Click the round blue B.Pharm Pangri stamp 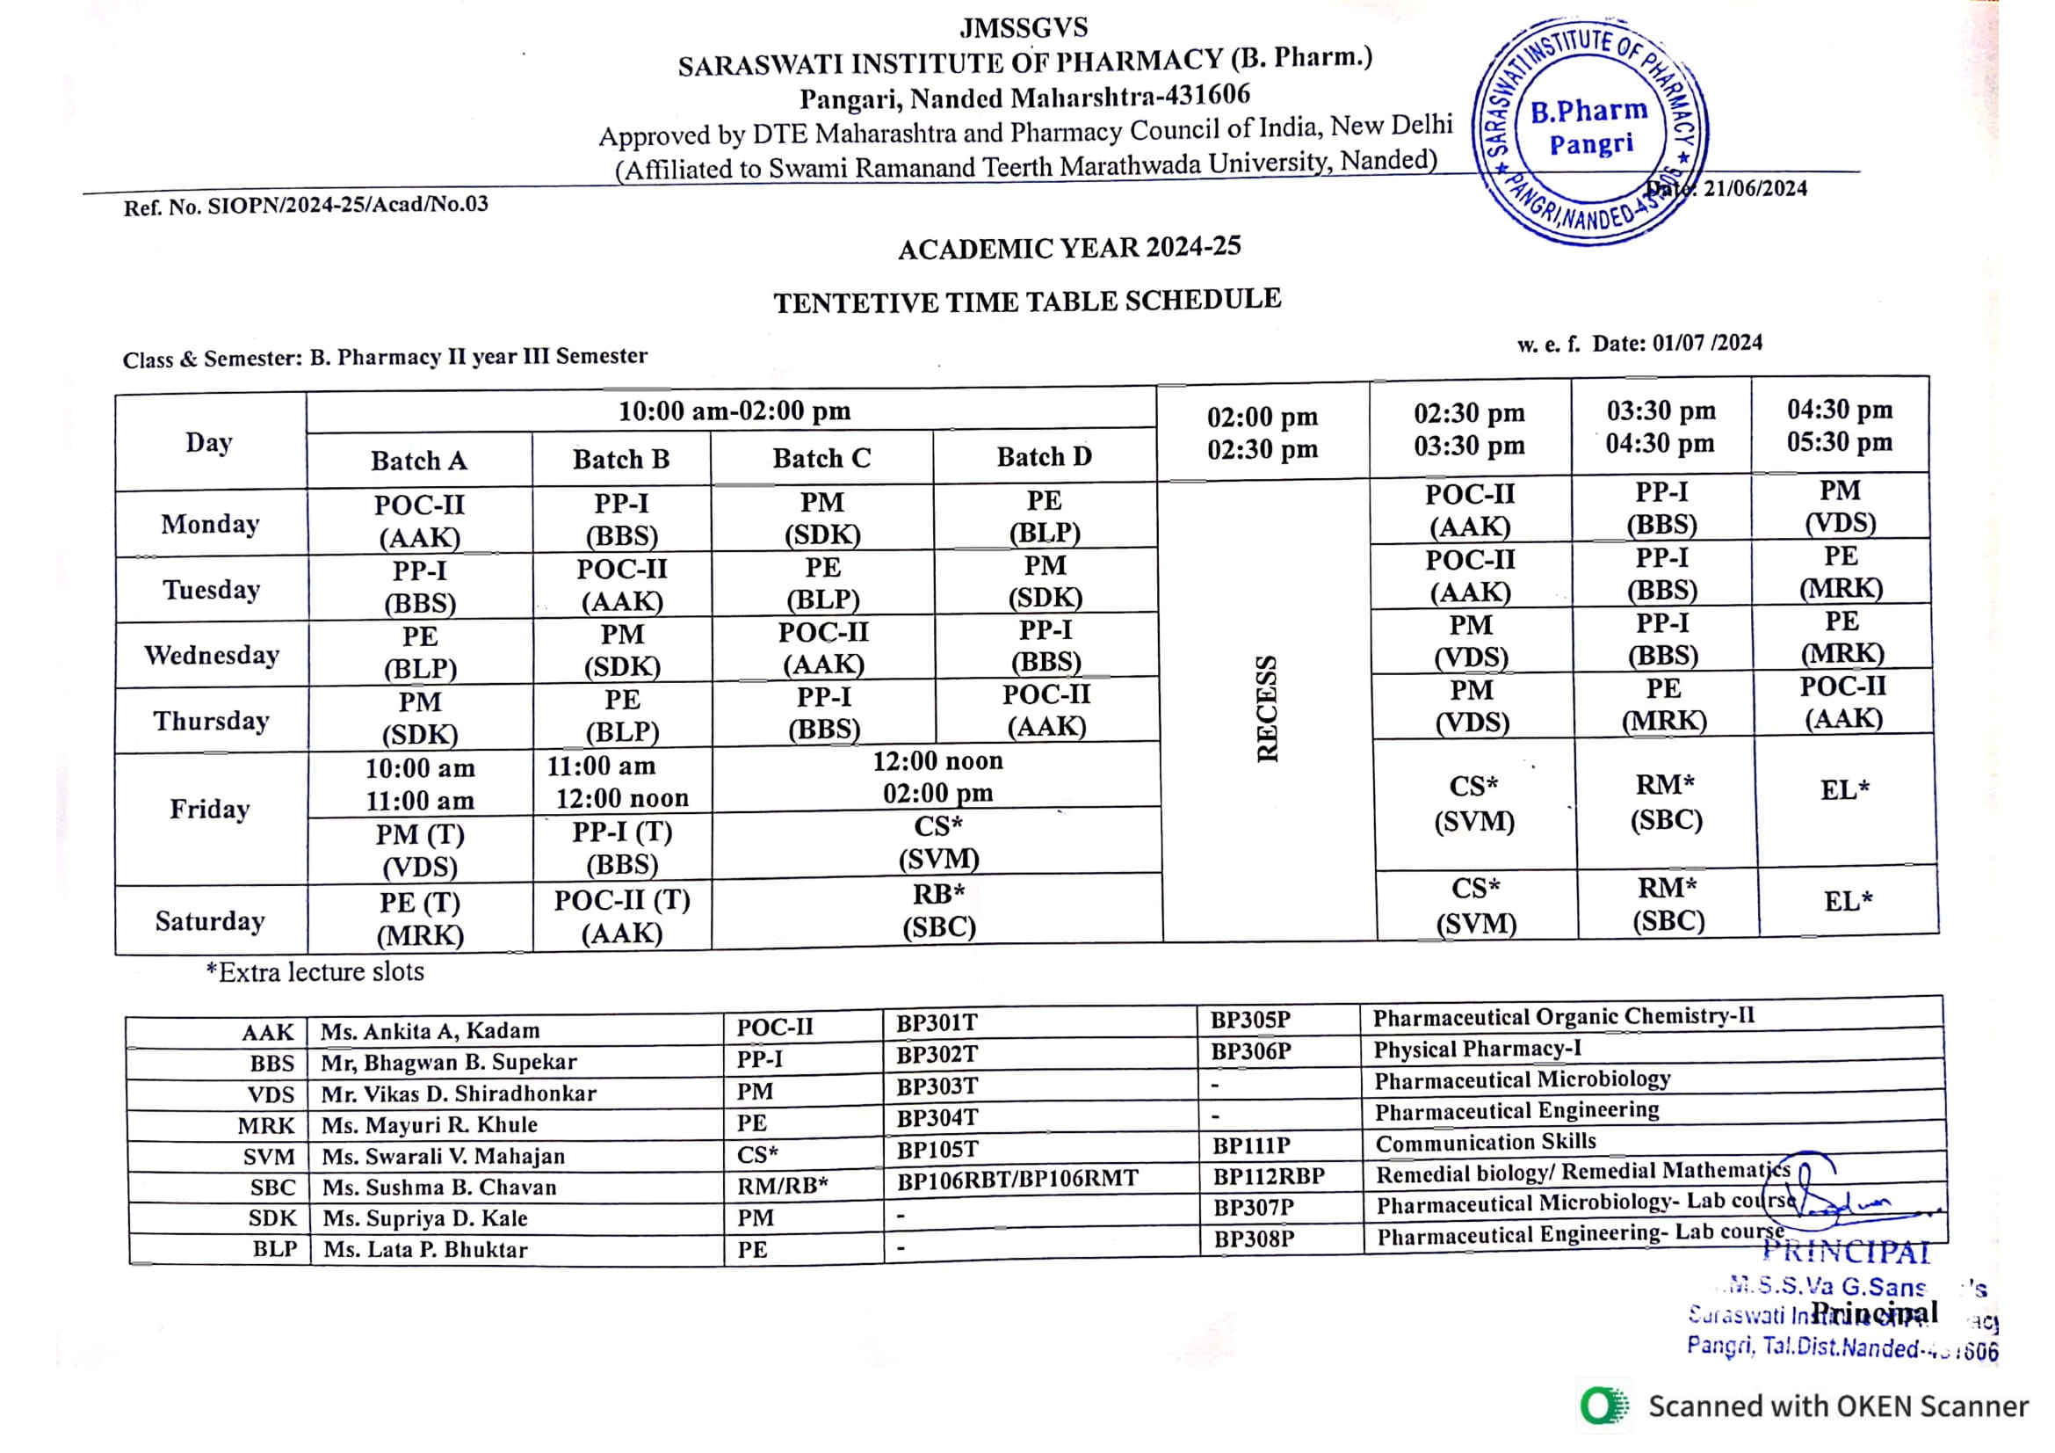1589,132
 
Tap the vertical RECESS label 1267,709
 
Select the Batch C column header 821,458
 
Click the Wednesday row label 212,656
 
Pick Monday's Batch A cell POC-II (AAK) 419,521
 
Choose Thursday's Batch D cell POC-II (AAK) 1046,710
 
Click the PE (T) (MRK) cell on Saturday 420,919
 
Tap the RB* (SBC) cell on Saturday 938,910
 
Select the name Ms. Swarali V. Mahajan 444,1156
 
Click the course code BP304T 937,1118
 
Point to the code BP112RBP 1269,1176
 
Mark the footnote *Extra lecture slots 315,972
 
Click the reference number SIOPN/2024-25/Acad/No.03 348,205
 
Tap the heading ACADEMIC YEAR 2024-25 1069,248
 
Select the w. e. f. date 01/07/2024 1707,343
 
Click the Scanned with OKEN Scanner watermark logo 1605,1406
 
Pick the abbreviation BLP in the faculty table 275,1250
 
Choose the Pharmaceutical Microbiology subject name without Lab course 1522,1080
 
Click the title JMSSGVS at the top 1024,28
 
